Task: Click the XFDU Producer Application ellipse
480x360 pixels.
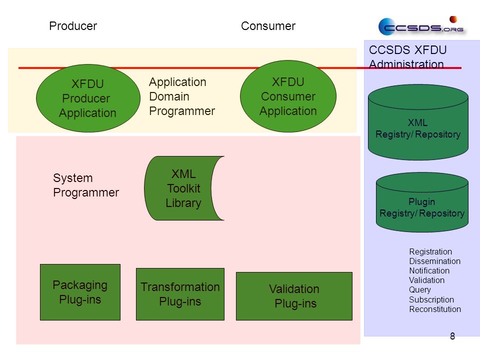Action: (x=88, y=98)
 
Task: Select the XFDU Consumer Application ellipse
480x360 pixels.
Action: (x=288, y=96)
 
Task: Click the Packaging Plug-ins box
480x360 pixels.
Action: (x=80, y=292)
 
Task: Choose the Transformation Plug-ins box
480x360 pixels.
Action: (x=180, y=294)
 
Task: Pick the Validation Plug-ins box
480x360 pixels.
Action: (x=294, y=296)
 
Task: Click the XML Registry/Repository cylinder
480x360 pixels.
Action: (x=418, y=122)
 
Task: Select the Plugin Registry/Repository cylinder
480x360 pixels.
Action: (x=422, y=202)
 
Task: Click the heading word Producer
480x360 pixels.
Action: (x=73, y=26)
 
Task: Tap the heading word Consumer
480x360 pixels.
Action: (x=268, y=26)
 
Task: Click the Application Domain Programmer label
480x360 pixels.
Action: (x=182, y=96)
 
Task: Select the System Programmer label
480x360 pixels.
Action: (x=86, y=185)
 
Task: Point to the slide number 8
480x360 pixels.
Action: (x=452, y=336)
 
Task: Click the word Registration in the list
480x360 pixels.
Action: (x=430, y=251)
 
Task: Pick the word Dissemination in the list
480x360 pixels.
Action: (x=434, y=261)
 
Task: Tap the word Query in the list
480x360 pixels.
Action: (x=419, y=289)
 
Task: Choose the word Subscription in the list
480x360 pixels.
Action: (x=431, y=299)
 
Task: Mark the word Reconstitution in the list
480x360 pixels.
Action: (x=435, y=309)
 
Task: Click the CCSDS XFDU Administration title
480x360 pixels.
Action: (x=408, y=57)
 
